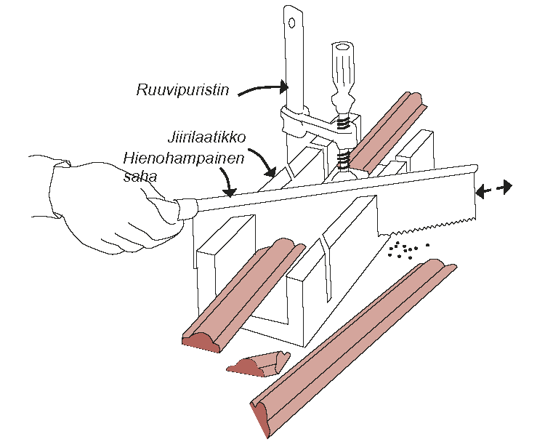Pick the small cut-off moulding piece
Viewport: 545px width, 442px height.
(258, 363)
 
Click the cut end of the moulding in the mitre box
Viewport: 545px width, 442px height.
(203, 340)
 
